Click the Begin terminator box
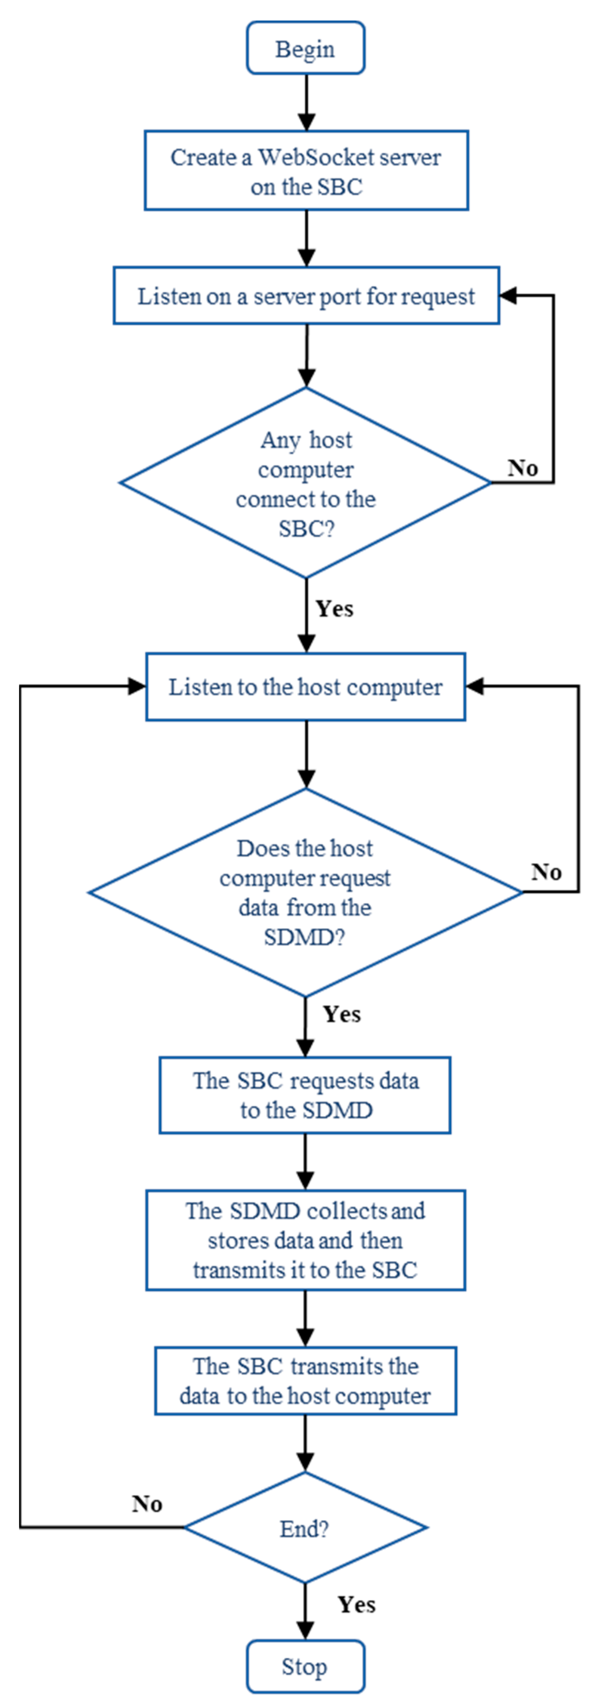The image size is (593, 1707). click(x=305, y=48)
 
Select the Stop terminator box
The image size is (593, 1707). click(x=305, y=1667)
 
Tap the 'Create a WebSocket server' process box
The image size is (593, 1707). click(x=306, y=171)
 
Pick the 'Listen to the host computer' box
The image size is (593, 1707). click(x=305, y=687)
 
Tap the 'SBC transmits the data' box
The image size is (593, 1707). click(x=305, y=1381)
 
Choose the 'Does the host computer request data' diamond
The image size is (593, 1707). click(x=305, y=892)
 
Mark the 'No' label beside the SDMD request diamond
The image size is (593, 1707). click(x=546, y=872)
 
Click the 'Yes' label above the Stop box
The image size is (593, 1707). click(x=356, y=1604)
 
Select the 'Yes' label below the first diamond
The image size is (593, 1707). click(x=335, y=608)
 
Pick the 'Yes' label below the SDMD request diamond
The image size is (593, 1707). click(x=342, y=1014)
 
